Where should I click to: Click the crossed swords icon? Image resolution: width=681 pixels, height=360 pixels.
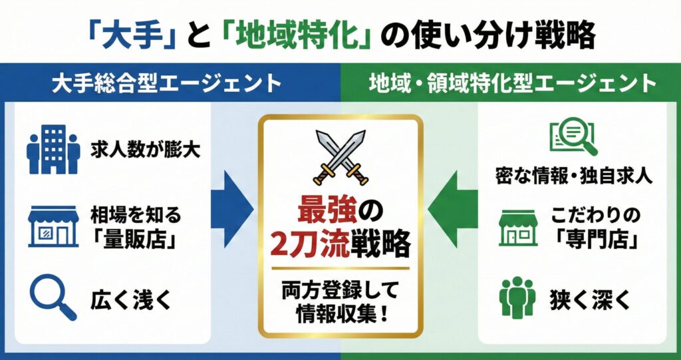pos(340,157)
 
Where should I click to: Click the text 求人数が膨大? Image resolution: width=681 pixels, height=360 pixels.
pos(146,150)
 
